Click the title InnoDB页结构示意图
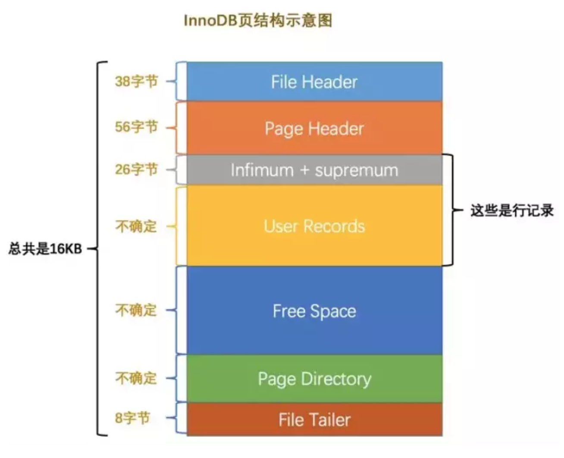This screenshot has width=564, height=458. point(257,20)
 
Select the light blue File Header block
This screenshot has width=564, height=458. point(314,82)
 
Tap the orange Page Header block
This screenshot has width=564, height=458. point(314,128)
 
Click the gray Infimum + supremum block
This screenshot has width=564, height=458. point(314,170)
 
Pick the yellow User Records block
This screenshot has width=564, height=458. point(314,226)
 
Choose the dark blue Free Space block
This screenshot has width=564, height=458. point(314,311)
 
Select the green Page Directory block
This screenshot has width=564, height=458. point(314,379)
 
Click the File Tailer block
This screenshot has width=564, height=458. point(314,419)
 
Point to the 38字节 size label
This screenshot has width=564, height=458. point(136,81)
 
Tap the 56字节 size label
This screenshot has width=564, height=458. point(136,127)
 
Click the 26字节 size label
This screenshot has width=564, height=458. point(136,169)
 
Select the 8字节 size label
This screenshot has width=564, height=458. point(132,417)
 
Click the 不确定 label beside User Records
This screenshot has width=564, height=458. point(136,226)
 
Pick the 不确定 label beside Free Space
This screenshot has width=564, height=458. point(136,310)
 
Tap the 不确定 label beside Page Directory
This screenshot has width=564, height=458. point(136,378)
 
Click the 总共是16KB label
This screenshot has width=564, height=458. point(45,248)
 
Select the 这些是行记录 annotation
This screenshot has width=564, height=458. point(512,210)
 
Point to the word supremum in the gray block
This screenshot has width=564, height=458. point(356,170)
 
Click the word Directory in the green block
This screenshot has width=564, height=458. point(336,379)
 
